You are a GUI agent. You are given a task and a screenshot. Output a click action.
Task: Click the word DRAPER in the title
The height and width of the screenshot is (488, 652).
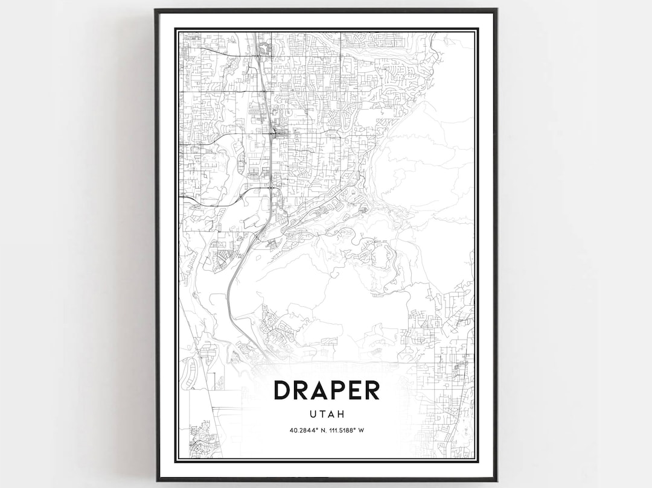point(327,390)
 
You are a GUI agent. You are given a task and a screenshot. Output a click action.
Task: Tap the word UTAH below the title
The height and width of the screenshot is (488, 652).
point(327,414)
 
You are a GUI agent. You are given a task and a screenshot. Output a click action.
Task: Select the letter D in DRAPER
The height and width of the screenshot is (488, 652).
point(283,390)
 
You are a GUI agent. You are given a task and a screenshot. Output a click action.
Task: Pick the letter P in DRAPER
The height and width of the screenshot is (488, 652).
point(336,390)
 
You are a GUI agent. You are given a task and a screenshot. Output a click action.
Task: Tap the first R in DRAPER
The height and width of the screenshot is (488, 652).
point(301,390)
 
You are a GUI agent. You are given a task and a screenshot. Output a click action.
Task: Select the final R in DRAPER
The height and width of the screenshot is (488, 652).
point(371,390)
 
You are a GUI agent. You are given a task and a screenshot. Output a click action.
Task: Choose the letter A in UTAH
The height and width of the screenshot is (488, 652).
point(331,414)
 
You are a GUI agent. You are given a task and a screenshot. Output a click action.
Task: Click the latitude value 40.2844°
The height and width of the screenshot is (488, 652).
point(304,431)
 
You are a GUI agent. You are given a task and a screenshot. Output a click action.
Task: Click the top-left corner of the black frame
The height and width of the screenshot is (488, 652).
point(156,10)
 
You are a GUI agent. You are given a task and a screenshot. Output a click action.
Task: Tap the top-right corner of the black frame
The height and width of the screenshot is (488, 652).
point(496,10)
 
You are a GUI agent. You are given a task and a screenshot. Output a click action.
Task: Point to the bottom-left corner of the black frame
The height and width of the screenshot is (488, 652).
point(156,480)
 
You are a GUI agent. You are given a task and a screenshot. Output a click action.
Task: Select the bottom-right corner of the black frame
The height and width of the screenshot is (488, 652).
point(496,480)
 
